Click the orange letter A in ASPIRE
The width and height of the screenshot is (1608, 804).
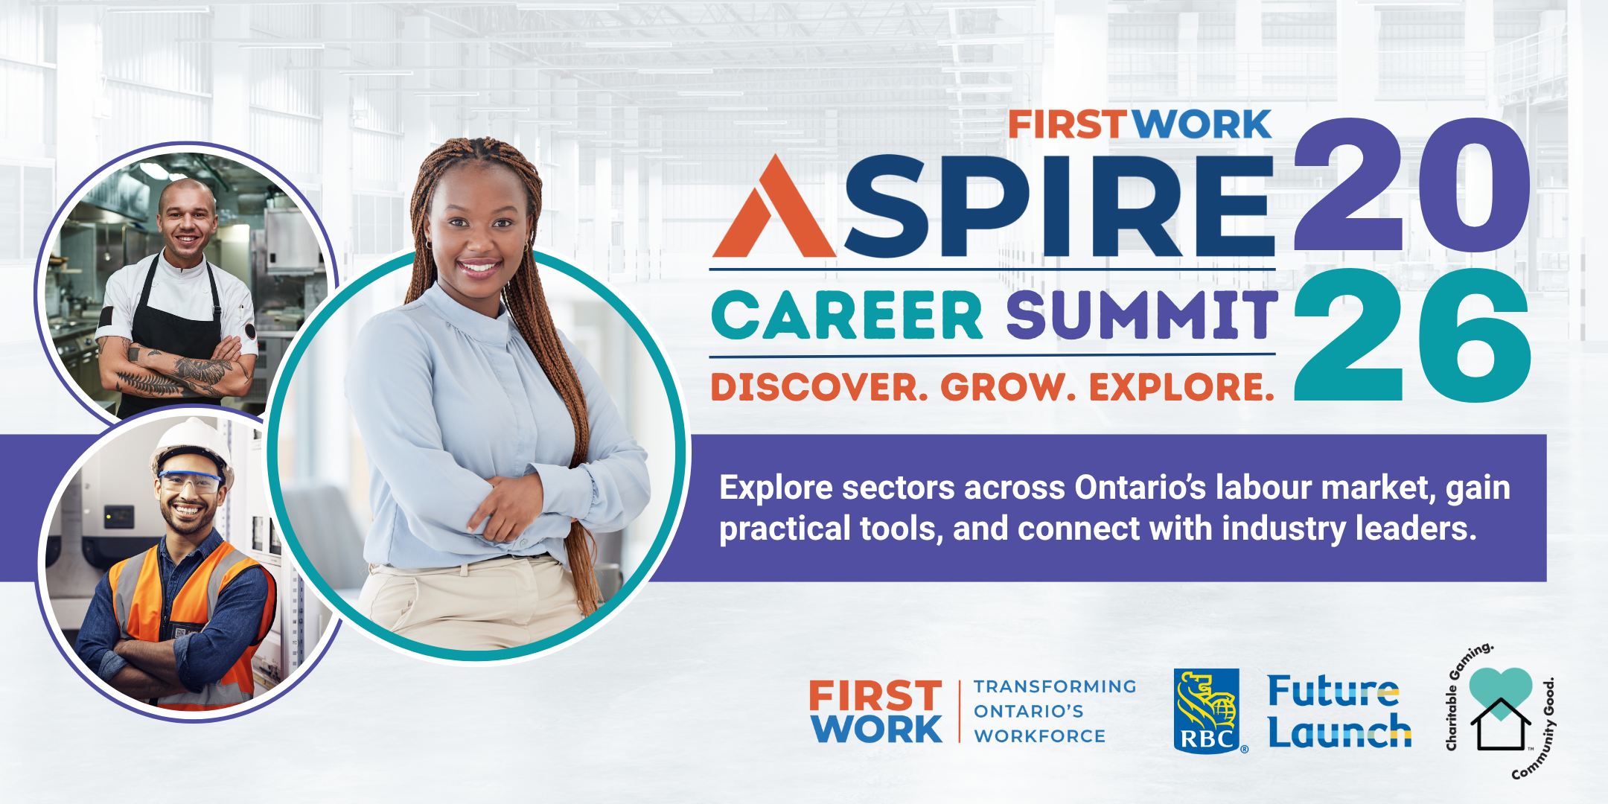[774, 212]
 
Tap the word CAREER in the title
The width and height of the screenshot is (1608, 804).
[847, 315]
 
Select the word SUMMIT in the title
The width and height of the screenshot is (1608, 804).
[1142, 315]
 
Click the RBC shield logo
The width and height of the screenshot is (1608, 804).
[1207, 710]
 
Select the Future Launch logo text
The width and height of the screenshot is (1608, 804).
[1338, 712]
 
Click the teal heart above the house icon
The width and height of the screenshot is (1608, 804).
[1501, 689]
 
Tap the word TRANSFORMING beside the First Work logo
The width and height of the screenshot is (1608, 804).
[1055, 686]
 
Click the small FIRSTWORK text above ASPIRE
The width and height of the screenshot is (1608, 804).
[1139, 125]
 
